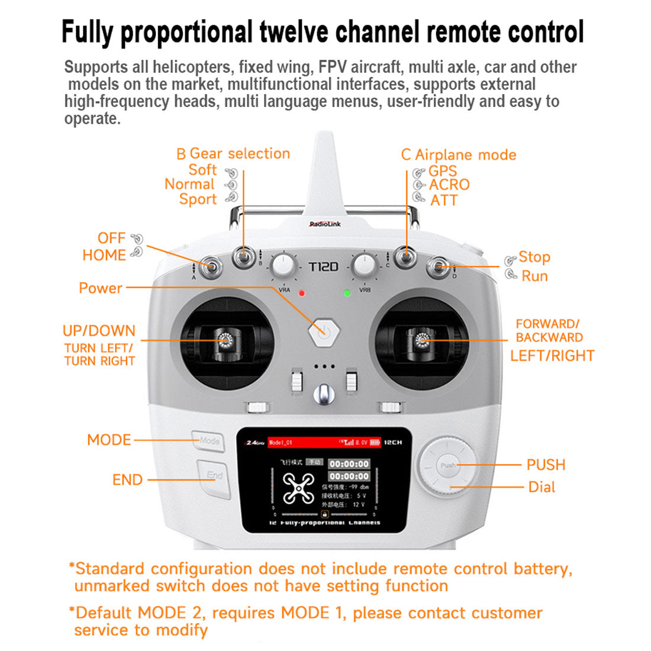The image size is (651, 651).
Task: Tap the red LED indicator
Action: pos(301,293)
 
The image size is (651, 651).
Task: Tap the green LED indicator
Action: pos(347,293)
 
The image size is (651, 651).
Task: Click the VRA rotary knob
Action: pos(284,266)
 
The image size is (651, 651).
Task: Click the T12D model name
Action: pos(324,267)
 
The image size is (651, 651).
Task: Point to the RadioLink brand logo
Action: pos(325,224)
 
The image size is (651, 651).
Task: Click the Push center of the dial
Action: pos(448,465)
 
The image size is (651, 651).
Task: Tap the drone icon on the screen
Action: pos(298,488)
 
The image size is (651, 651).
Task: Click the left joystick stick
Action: pos(225,341)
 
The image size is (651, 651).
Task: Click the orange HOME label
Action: pos(104,255)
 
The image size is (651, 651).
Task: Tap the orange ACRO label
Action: pos(449,185)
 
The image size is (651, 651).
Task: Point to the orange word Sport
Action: pos(198,199)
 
